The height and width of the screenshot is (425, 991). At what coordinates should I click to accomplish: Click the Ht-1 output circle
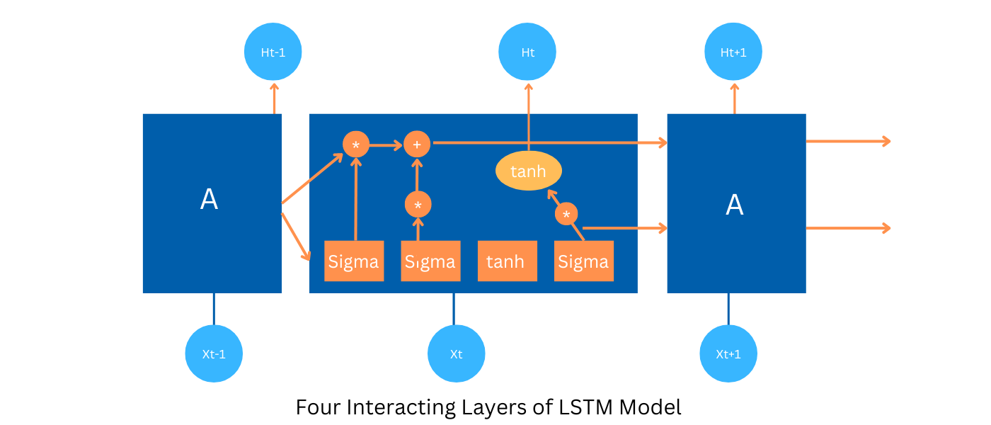273,52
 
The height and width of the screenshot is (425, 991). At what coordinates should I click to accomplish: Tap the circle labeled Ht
527,52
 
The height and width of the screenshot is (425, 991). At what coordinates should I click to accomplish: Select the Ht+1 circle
733,52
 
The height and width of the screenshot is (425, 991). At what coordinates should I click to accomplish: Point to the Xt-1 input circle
214,353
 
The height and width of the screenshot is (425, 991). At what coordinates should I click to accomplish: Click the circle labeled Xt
457,353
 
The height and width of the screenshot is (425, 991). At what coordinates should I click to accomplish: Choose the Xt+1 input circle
728,353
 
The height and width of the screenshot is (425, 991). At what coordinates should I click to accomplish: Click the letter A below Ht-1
209,200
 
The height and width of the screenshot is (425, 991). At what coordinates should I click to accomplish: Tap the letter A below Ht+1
735,205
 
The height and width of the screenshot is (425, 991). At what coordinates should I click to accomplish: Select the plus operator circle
417,144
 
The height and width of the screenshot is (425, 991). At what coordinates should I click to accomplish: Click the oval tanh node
528,171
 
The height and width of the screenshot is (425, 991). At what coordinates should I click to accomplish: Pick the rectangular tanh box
507,261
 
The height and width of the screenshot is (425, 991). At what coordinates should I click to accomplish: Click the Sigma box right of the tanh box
583,261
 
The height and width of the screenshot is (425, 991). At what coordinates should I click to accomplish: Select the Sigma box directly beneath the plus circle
430,261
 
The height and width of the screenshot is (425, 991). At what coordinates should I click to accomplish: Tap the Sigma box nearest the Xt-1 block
354,261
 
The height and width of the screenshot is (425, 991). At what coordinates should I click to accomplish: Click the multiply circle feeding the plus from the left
356,144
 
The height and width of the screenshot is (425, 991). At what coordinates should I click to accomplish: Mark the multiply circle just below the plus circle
418,205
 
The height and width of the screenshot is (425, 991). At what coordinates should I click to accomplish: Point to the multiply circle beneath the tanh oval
566,214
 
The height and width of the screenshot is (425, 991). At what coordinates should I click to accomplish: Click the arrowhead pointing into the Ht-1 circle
274,87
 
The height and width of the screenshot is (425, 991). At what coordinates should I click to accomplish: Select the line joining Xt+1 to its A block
728,309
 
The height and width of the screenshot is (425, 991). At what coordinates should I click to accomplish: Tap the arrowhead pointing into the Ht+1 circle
734,87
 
